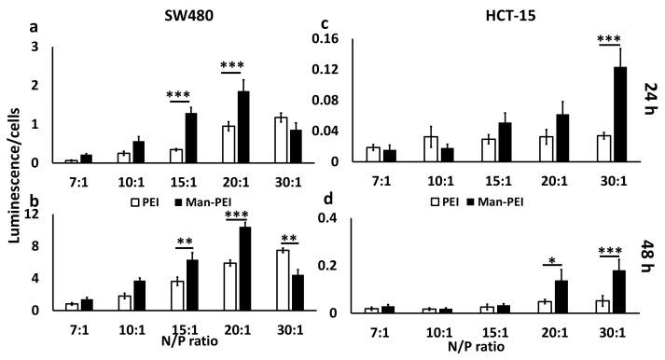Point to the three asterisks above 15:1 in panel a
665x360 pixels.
click(177, 95)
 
